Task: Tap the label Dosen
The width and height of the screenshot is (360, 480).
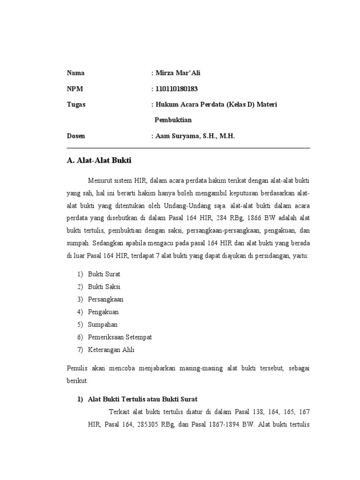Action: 76,135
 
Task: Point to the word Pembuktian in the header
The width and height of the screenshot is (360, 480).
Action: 173,120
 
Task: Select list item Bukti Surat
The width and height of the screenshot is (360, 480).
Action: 104,274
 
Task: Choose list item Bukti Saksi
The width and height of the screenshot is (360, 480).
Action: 104,286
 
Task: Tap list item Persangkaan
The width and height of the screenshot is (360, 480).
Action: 106,299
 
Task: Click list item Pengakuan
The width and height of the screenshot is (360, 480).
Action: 104,312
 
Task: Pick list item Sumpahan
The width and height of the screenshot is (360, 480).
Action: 103,324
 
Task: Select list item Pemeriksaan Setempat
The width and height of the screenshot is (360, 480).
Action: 120,337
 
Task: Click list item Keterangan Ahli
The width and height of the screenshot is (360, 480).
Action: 112,350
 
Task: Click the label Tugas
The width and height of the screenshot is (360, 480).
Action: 76,104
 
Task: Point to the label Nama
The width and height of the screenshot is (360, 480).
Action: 76,73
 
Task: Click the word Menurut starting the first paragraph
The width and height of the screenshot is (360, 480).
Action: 99,180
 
